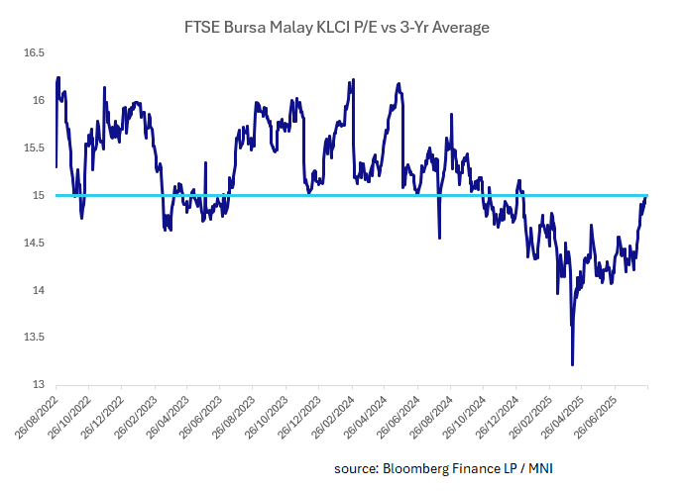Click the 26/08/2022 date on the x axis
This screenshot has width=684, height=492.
pos(36,414)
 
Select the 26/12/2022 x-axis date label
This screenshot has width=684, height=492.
pos(101,414)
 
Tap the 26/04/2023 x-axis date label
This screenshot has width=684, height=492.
pos(167,414)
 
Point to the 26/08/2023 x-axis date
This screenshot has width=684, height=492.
pos(232,414)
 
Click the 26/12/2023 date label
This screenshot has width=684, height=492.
pos(297,414)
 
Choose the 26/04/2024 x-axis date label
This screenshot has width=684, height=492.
pos(363,414)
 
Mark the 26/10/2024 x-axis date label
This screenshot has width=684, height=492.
pos(461,414)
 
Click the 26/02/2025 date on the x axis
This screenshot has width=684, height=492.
pos(526,414)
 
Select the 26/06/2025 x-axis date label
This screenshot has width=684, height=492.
pos(592,414)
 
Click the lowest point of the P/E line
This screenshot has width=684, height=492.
pos(573,365)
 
